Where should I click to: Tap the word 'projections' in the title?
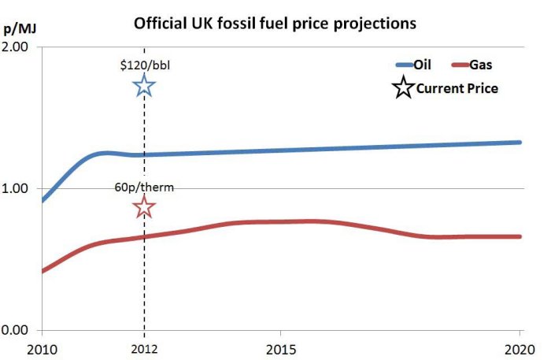click(374, 23)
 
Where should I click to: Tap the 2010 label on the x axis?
click(17, 347)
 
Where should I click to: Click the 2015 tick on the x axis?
click(282, 347)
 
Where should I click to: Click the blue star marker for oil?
click(144, 86)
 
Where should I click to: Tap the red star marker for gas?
click(144, 207)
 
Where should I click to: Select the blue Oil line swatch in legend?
click(403, 66)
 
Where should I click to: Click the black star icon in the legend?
click(403, 87)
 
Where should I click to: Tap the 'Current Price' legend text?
click(457, 88)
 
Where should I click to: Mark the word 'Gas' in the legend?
click(480, 66)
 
